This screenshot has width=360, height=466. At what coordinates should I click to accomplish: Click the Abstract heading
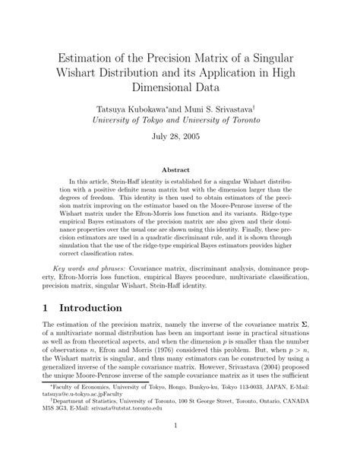179,170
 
